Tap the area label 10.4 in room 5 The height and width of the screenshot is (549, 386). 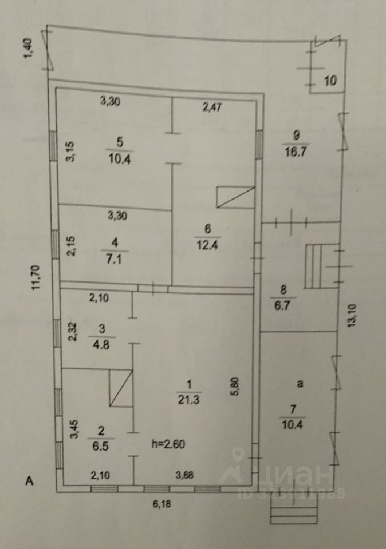[x=119, y=160]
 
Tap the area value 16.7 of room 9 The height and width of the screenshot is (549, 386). [x=296, y=152]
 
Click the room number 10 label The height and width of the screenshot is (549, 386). [x=330, y=81]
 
